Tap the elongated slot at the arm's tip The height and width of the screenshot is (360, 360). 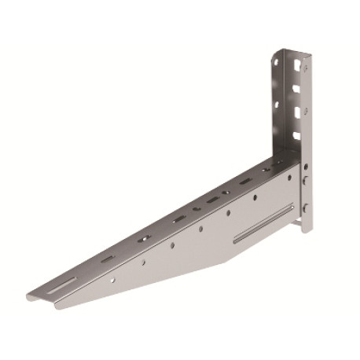click(x=65, y=281)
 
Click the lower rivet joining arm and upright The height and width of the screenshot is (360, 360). click(x=305, y=208)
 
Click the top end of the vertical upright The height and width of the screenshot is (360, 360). click(x=290, y=50)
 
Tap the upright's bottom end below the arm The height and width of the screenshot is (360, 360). click(x=306, y=230)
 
